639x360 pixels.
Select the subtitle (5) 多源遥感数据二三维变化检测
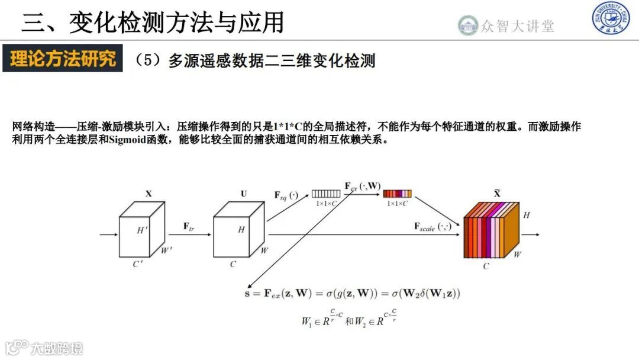255,60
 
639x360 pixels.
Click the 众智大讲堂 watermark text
517,26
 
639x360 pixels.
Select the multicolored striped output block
491,232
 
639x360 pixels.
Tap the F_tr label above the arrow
189,226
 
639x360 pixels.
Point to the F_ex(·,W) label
363,186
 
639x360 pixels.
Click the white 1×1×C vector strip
326,194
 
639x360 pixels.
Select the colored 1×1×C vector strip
397,194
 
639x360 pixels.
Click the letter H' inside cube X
142,230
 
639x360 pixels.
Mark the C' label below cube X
138,264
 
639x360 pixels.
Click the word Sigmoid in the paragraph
125,141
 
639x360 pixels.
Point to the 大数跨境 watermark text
58,348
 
